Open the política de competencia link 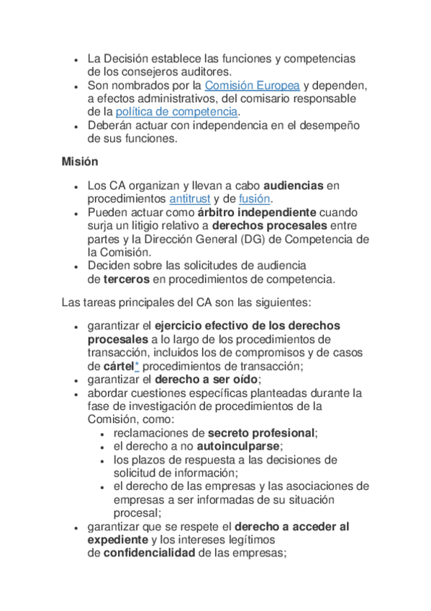176,112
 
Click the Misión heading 80,161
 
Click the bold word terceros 127,279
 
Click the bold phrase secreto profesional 262,433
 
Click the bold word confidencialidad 149,553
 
